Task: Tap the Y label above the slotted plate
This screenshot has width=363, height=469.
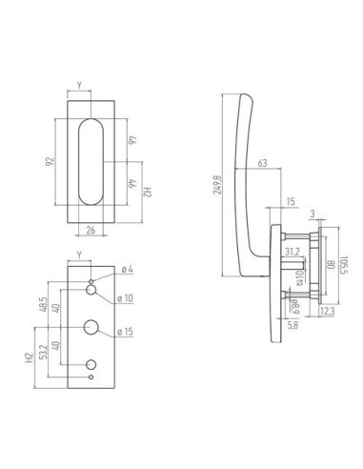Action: pos(82,85)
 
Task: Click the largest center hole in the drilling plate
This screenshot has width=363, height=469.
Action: pos(91,326)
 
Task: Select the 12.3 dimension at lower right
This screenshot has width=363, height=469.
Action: pos(326,312)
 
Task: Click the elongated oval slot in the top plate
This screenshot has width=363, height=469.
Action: pos(91,161)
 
